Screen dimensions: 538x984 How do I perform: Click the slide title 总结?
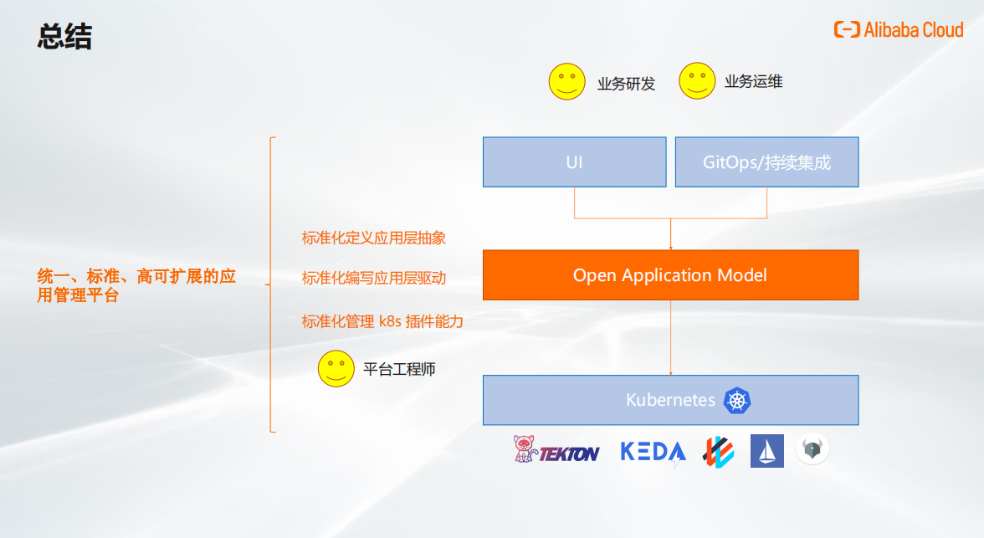pyautogui.click(x=64, y=38)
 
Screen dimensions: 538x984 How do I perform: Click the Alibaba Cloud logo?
pyautogui.click(x=899, y=30)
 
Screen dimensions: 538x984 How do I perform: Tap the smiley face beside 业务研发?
pyautogui.click(x=566, y=81)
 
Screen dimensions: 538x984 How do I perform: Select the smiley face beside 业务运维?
pyautogui.click(x=697, y=81)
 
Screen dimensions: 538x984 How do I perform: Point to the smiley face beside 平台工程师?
pyautogui.click(x=336, y=368)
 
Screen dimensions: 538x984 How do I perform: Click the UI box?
pyautogui.click(x=574, y=161)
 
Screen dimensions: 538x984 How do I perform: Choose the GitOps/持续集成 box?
pyautogui.click(x=766, y=161)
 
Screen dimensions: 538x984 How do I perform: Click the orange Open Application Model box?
pyautogui.click(x=670, y=275)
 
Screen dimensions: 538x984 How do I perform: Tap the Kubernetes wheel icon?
pyautogui.click(x=737, y=400)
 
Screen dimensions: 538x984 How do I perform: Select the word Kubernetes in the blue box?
pyautogui.click(x=670, y=400)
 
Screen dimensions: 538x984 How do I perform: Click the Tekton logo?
pyautogui.click(x=556, y=452)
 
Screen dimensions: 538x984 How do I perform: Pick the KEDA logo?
pyautogui.click(x=653, y=452)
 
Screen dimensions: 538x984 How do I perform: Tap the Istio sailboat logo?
pyautogui.click(x=766, y=451)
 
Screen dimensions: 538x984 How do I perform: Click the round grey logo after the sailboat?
pyautogui.click(x=812, y=450)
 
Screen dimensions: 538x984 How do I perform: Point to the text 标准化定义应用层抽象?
pyautogui.click(x=374, y=238)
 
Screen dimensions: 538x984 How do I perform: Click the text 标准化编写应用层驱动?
pyautogui.click(x=374, y=278)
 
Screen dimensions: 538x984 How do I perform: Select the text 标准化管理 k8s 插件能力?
pyautogui.click(x=382, y=321)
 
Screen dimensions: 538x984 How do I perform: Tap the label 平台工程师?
pyautogui.click(x=399, y=369)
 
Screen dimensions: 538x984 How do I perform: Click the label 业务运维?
pyautogui.click(x=753, y=81)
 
